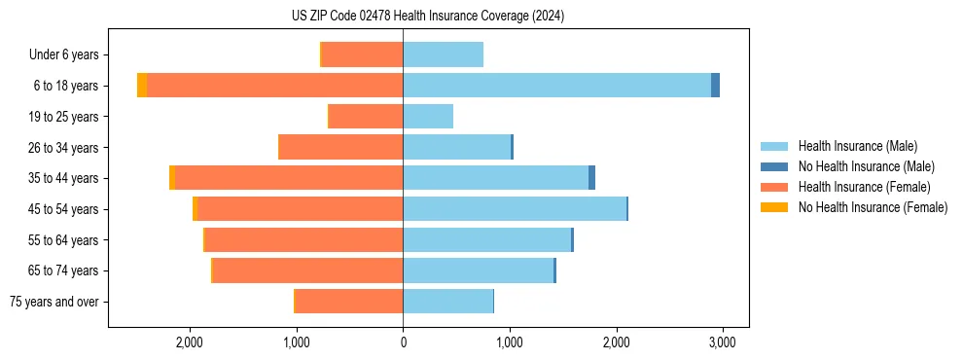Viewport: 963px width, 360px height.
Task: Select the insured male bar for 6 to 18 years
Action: [556, 86]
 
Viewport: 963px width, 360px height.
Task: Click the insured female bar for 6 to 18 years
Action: [274, 86]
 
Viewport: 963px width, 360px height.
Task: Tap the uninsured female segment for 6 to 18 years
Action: [142, 86]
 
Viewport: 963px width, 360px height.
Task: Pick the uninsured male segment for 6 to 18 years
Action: [715, 86]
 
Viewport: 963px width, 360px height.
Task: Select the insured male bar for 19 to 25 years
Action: [428, 117]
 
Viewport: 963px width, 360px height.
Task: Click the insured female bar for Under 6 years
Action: [362, 54]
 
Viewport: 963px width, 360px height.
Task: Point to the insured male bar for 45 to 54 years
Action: [515, 209]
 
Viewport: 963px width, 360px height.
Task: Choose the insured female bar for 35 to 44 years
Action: [289, 178]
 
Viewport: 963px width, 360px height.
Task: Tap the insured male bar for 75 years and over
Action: [447, 302]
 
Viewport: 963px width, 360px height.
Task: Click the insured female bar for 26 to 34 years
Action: [340, 147]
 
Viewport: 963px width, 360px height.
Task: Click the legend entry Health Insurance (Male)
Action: [857, 146]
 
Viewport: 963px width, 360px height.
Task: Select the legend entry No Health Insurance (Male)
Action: [866, 166]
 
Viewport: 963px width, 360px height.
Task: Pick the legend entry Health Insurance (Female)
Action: [864, 187]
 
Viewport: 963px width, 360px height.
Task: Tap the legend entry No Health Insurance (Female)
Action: [873, 207]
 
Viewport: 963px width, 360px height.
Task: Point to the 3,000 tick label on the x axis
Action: [721, 342]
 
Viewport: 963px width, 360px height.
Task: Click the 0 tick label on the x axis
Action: [403, 342]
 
